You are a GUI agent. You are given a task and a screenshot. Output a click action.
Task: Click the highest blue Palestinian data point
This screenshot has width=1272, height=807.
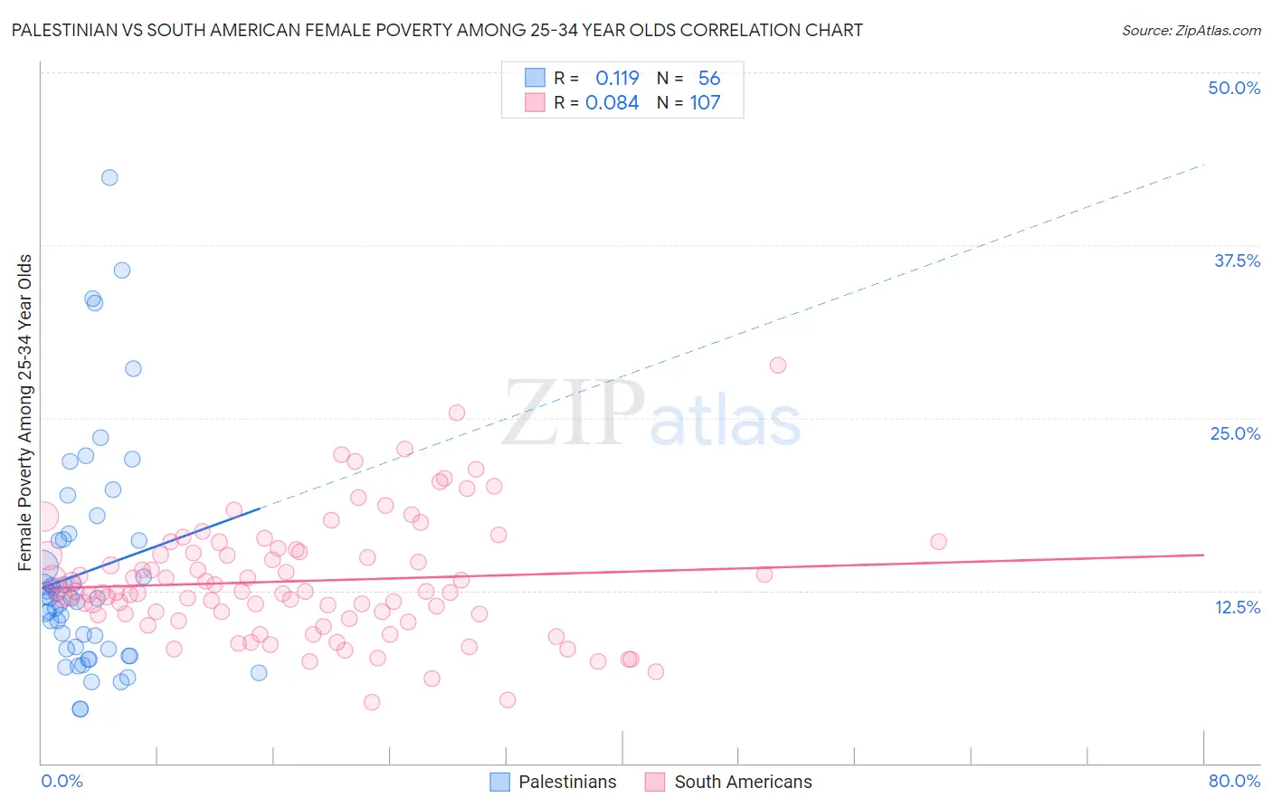[x=109, y=177]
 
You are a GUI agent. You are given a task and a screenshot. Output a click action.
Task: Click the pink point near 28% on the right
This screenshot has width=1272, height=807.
[x=778, y=366]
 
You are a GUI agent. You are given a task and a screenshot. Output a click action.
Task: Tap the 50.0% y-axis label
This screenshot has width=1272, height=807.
[x=1234, y=88]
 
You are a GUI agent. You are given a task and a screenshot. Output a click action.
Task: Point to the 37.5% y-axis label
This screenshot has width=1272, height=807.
[x=1237, y=261]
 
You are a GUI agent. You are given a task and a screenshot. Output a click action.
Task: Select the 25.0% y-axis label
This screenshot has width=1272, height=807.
[x=1235, y=433]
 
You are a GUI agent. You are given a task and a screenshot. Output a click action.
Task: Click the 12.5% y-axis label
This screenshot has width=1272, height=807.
[x=1237, y=607]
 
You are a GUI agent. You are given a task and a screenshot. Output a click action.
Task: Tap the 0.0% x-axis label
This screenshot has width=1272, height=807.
[x=62, y=781]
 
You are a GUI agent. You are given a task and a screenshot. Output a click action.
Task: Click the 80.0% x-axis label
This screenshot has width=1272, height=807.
[x=1234, y=781]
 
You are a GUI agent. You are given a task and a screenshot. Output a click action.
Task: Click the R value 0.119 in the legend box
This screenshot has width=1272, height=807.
[x=617, y=79]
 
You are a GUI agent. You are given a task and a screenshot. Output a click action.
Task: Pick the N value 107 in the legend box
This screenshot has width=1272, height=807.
[x=705, y=103]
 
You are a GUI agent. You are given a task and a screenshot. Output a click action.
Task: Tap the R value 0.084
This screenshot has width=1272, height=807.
[x=612, y=103]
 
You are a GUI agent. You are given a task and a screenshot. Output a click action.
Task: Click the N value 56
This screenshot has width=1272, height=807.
[x=709, y=79]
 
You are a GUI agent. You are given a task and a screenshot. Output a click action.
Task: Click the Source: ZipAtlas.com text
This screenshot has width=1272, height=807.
[x=1191, y=31]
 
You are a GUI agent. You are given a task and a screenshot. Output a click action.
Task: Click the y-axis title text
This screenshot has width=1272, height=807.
[x=25, y=413]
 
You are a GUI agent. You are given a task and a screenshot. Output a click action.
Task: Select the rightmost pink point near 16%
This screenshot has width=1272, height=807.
[x=938, y=542]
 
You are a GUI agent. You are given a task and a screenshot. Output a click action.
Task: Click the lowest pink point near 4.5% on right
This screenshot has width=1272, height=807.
[x=508, y=700]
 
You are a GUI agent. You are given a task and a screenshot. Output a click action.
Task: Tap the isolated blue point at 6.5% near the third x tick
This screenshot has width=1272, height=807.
[x=259, y=672]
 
